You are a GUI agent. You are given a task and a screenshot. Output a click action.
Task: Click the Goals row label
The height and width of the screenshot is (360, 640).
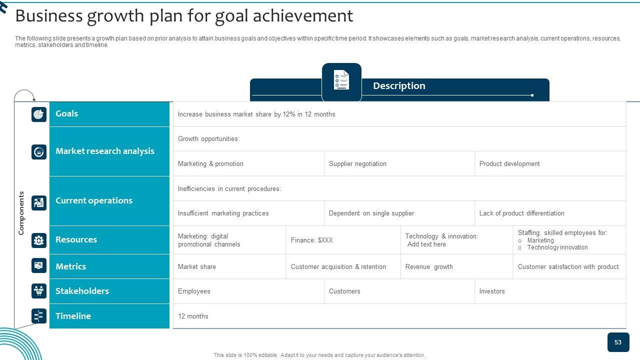[x=66, y=113]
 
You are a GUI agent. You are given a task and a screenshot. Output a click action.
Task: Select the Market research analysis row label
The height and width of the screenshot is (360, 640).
[x=105, y=151]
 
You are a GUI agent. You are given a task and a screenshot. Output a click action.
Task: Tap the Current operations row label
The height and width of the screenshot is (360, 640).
[x=94, y=200]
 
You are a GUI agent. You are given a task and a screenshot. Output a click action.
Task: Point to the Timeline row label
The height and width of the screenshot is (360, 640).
[x=73, y=316]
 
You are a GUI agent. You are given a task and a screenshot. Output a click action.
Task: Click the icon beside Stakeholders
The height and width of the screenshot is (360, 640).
[x=39, y=291]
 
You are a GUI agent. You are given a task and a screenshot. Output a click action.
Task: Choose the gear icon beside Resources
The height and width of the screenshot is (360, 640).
[x=39, y=240]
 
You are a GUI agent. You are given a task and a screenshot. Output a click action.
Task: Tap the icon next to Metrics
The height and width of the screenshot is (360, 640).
[x=39, y=265]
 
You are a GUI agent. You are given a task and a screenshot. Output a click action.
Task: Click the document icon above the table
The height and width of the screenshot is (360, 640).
[x=341, y=79]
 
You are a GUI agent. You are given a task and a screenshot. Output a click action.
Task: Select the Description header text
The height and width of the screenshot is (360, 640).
[x=399, y=85]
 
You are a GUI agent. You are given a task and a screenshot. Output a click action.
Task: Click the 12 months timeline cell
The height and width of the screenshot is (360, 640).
[x=193, y=316]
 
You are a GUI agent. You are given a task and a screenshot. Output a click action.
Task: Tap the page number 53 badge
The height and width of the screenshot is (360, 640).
[x=618, y=342]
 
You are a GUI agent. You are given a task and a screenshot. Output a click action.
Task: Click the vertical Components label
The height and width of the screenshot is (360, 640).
[x=21, y=213]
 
